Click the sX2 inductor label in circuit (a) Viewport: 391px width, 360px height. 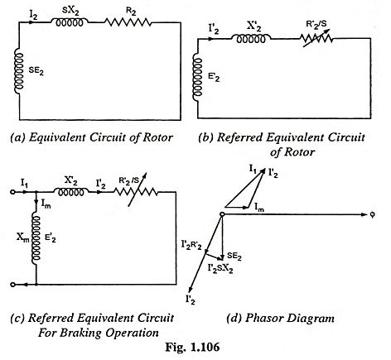[x=68, y=11]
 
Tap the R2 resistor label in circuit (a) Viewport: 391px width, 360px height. [x=131, y=12]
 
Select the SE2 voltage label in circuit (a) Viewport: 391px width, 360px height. [x=36, y=71]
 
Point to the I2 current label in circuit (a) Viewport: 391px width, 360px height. [x=33, y=16]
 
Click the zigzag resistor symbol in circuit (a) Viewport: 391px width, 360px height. [x=128, y=22]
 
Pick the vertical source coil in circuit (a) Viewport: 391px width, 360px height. [x=19, y=71]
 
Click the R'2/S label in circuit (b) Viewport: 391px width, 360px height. [x=316, y=25]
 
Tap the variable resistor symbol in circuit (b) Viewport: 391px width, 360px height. [x=316, y=39]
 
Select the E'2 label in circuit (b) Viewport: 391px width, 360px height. [x=215, y=77]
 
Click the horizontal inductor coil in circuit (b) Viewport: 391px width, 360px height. [x=251, y=39]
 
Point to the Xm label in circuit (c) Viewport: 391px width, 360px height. [x=22, y=237]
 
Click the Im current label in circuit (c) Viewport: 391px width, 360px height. [x=46, y=204]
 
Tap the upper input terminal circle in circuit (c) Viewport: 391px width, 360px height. [x=12, y=192]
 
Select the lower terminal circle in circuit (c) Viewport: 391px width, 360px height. [x=12, y=284]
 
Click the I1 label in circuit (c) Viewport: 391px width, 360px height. [x=24, y=183]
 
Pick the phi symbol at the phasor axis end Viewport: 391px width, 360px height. [x=372, y=215]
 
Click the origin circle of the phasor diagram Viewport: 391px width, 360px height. [x=221, y=214]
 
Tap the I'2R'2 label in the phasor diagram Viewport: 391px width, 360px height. [x=191, y=244]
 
